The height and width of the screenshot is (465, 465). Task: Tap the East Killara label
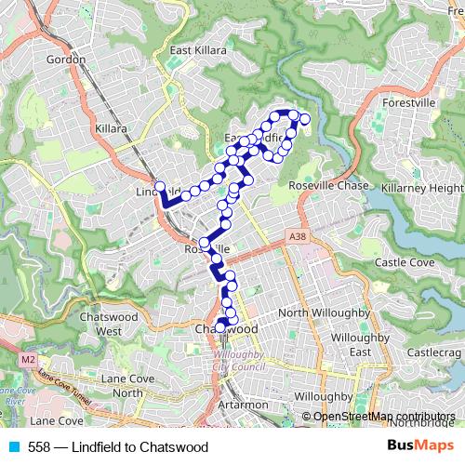coord(198,50)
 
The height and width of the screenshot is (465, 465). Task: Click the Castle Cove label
coord(405,263)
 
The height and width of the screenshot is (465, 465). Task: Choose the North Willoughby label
coord(318,312)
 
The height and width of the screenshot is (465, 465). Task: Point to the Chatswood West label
coord(120,325)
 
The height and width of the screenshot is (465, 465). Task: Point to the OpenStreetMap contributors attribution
coord(384,416)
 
